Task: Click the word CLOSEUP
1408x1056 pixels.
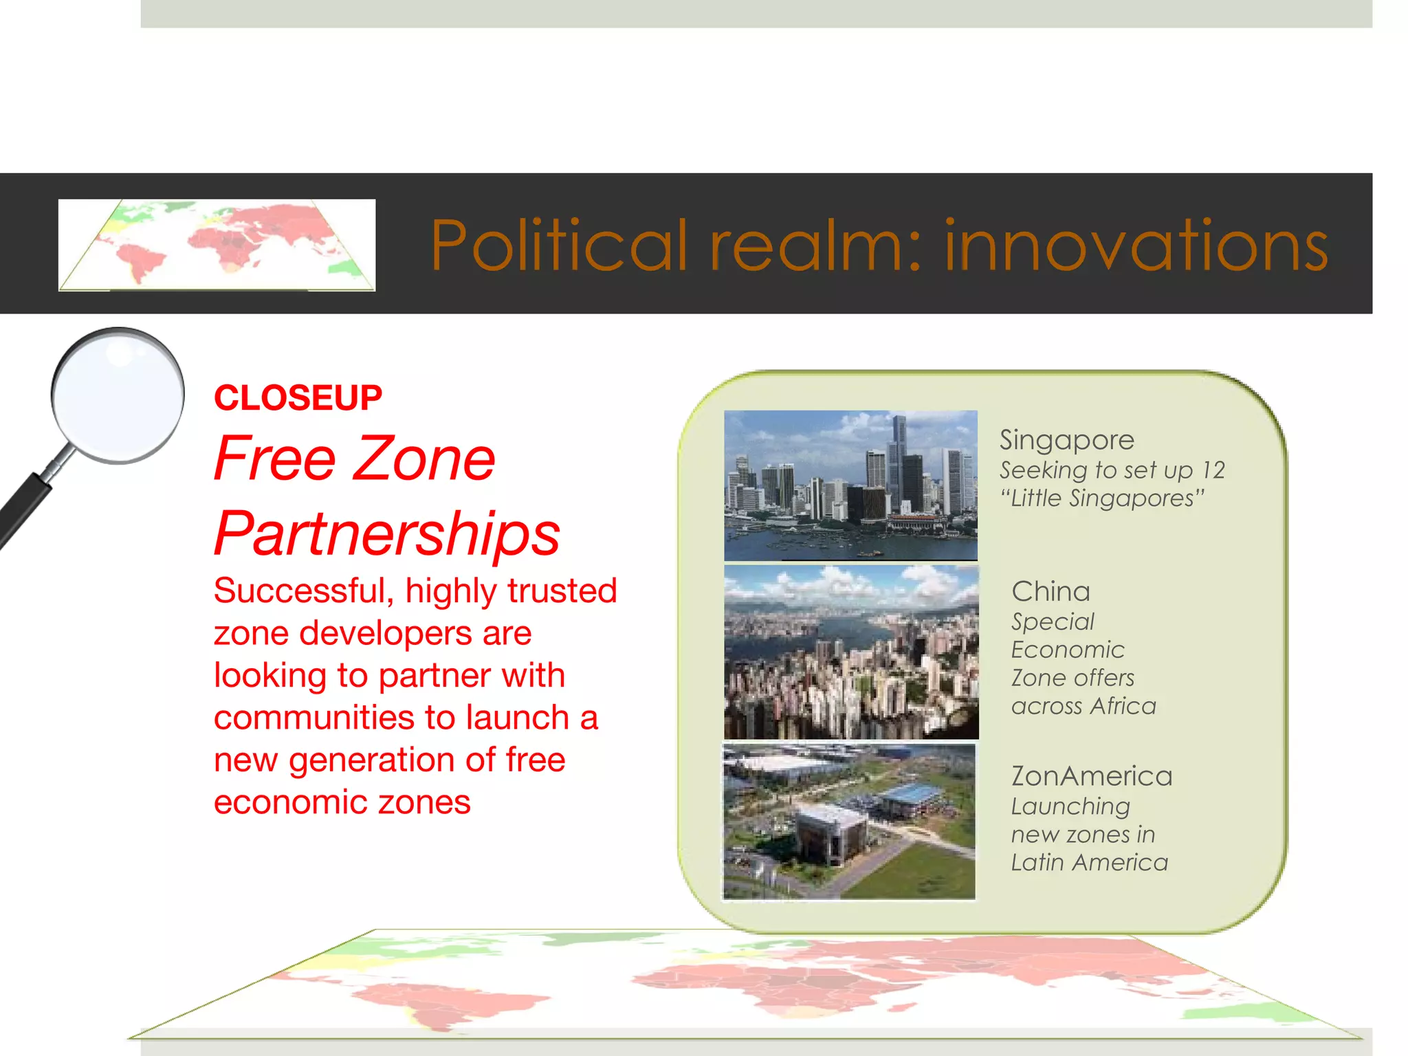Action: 298,398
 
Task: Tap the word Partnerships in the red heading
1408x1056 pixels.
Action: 387,534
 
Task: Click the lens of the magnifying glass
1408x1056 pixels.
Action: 118,395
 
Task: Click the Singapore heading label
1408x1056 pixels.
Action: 1066,440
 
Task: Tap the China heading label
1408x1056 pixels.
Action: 1050,591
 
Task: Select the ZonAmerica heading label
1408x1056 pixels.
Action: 1091,776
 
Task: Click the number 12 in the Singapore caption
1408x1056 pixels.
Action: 1213,470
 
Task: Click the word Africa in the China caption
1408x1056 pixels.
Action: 1123,706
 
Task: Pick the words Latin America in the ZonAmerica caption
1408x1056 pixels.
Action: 1089,862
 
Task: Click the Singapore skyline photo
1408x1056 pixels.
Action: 850,485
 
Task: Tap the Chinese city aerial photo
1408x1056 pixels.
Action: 851,652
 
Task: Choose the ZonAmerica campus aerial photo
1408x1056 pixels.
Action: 849,822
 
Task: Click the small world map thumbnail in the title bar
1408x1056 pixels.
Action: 217,245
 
